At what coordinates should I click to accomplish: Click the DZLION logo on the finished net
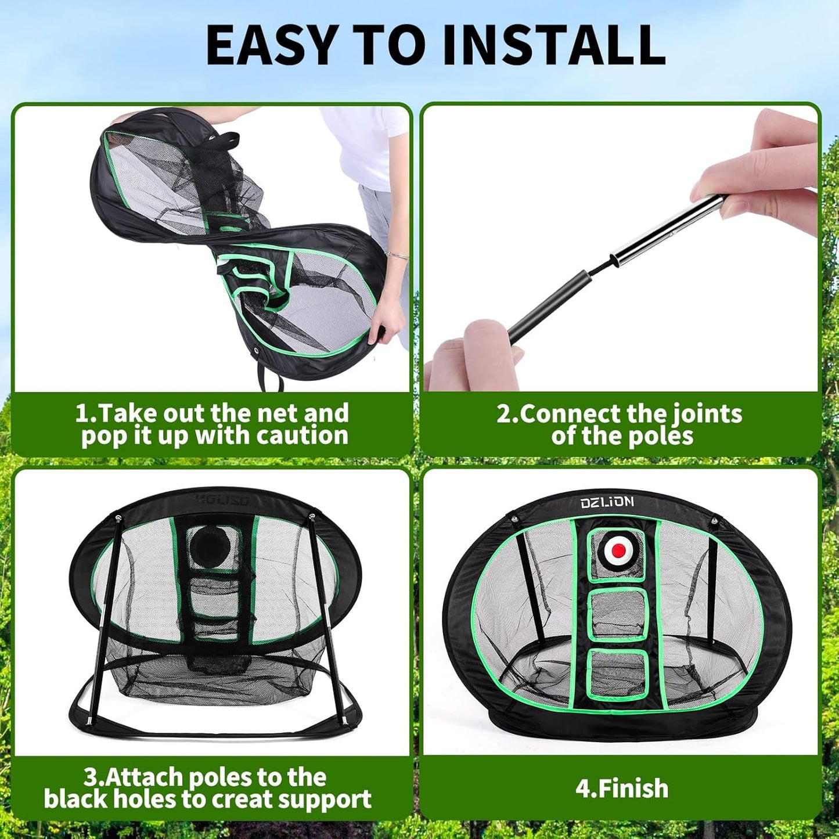click(x=607, y=502)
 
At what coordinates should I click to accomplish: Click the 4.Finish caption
click(x=622, y=788)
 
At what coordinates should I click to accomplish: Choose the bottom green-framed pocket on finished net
click(x=617, y=674)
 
